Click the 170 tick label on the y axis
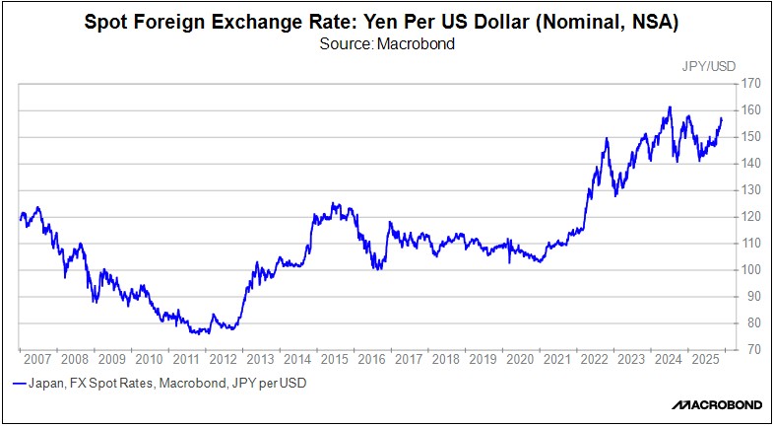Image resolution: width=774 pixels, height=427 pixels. pyautogui.click(x=752, y=84)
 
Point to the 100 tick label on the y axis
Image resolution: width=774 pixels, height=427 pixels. pyautogui.click(x=752, y=269)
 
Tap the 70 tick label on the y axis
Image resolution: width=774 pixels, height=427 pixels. pyautogui.click(x=752, y=349)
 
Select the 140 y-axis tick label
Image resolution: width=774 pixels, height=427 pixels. pyautogui.click(x=752, y=164)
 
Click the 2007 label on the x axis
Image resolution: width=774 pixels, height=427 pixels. pyautogui.click(x=38, y=359)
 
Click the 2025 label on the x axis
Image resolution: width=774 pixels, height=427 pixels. pyautogui.click(x=706, y=359)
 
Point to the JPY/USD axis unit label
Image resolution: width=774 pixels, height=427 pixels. pyautogui.click(x=707, y=66)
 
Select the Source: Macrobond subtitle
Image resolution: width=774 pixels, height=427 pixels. pyautogui.click(x=386, y=44)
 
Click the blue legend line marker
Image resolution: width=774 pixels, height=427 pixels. pyautogui.click(x=20, y=384)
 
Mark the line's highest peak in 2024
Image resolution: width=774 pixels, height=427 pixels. pyautogui.click(x=670, y=107)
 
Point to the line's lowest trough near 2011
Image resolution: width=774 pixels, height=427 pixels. pyautogui.click(x=194, y=333)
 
